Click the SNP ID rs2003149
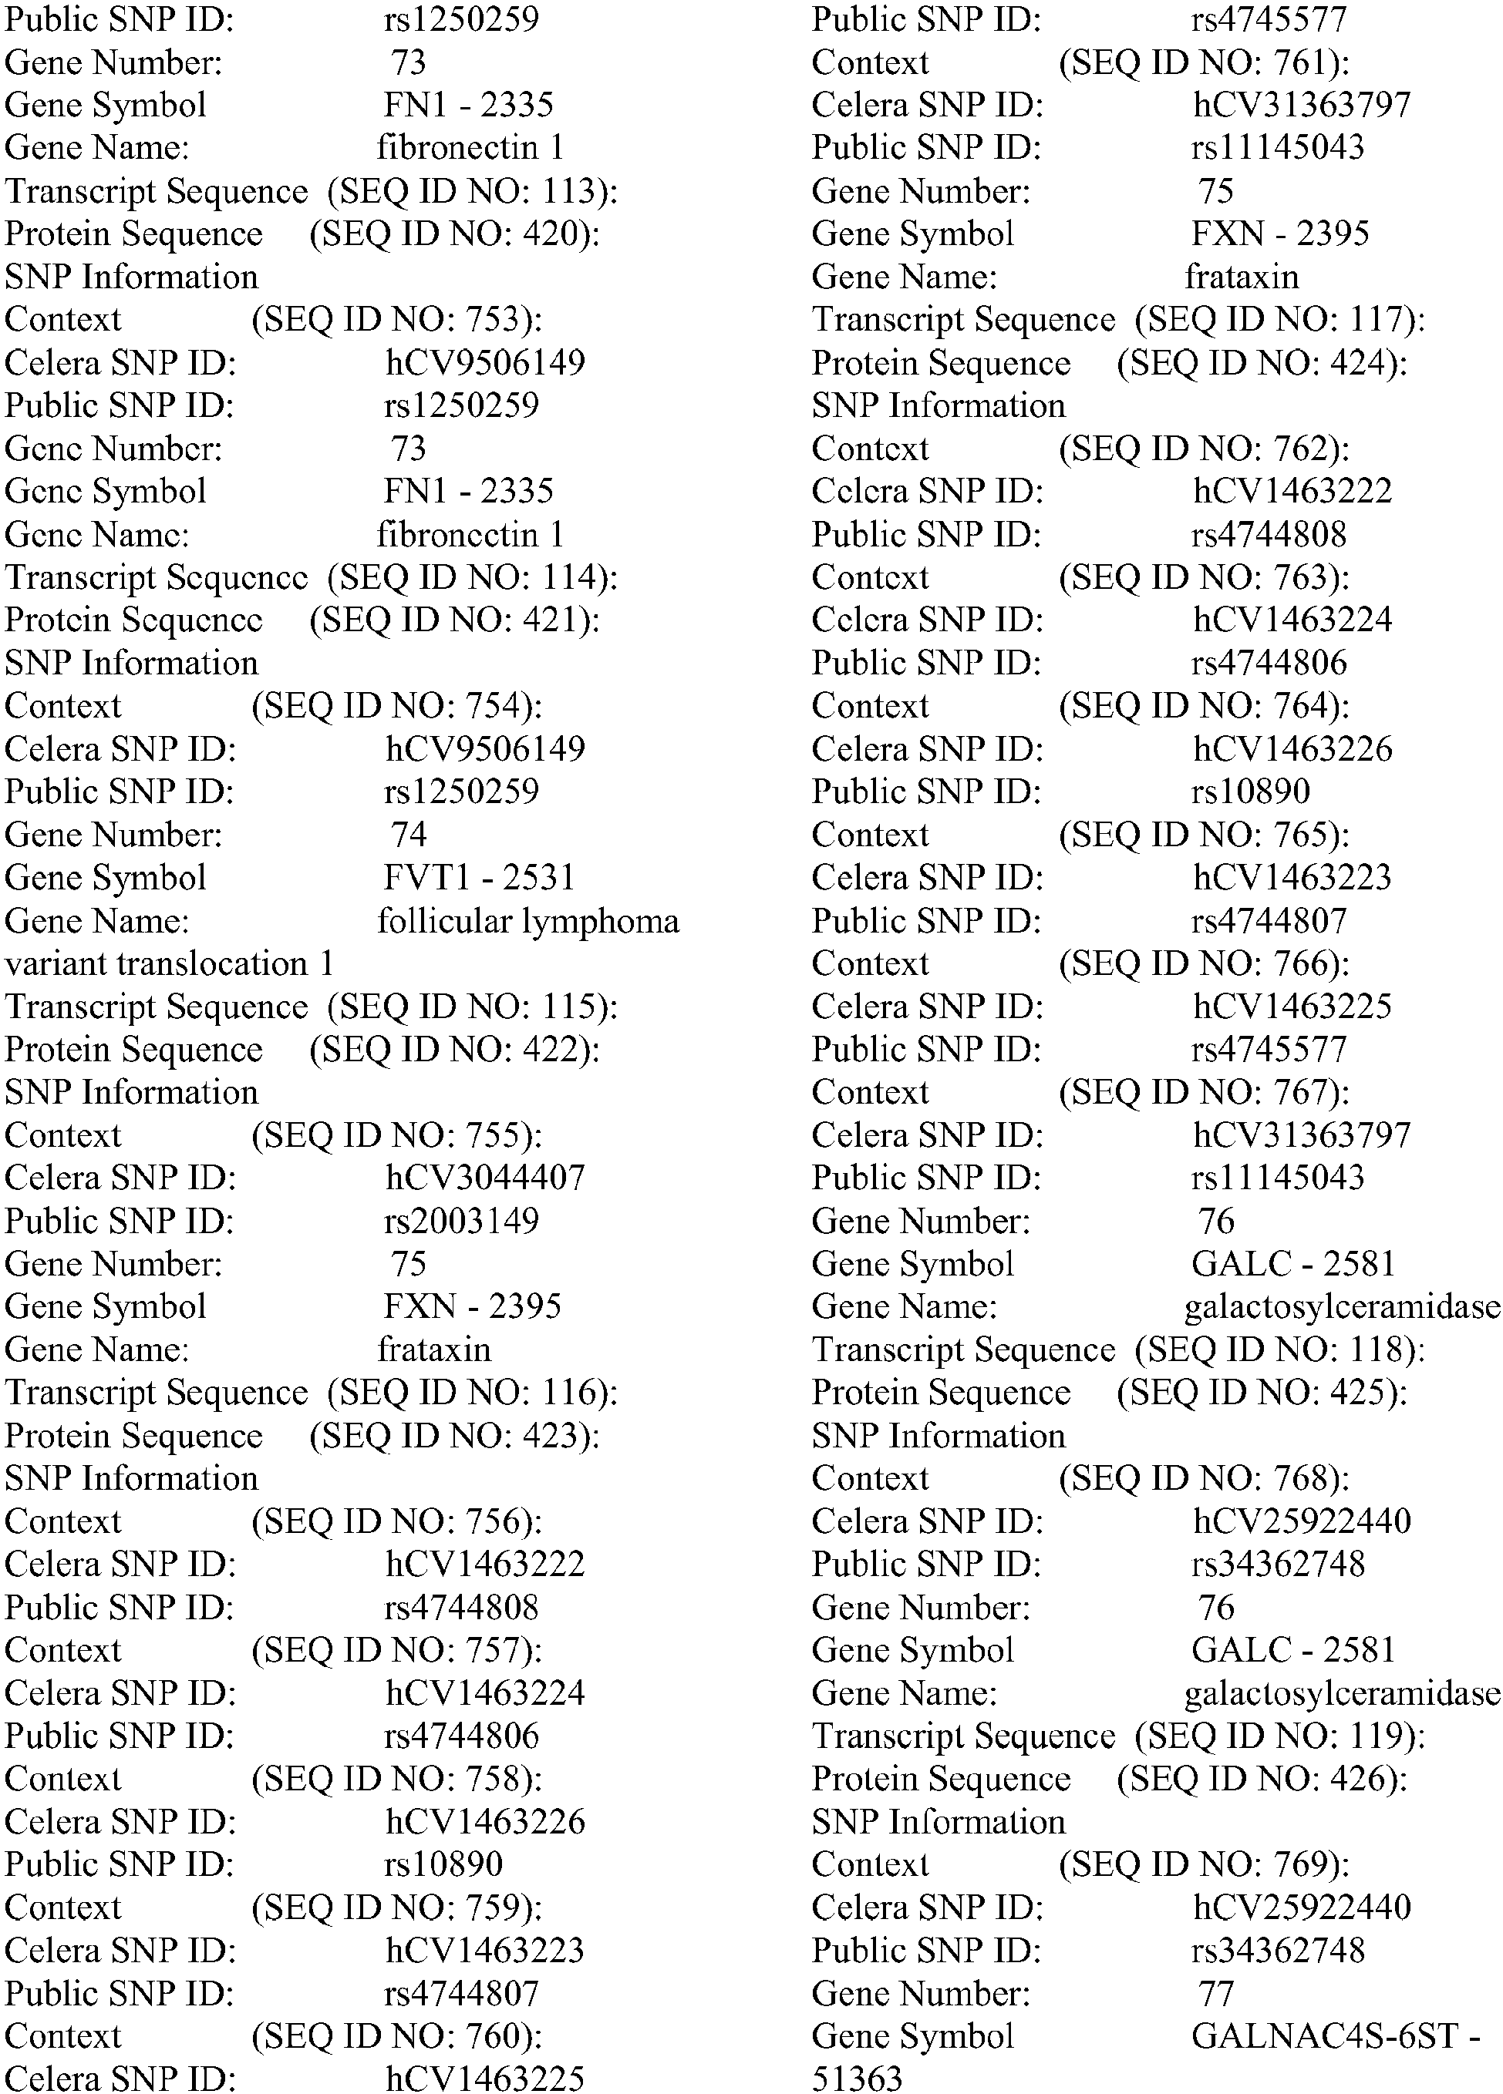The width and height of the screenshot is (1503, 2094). pyautogui.click(x=461, y=1221)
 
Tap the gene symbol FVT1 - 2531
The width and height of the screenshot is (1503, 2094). pyautogui.click(x=479, y=877)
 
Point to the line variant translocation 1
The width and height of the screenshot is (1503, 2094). pyautogui.click(x=169, y=964)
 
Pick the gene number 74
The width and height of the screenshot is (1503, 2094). pyautogui.click(x=408, y=835)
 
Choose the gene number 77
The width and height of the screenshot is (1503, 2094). pyautogui.click(x=1215, y=1992)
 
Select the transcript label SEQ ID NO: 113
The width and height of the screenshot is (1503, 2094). pyautogui.click(x=472, y=191)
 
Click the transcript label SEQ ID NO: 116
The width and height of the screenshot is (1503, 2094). pyautogui.click(x=472, y=1393)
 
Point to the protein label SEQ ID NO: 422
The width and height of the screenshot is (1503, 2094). pyautogui.click(x=454, y=1050)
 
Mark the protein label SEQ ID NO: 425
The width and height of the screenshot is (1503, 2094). pyautogui.click(x=1262, y=1393)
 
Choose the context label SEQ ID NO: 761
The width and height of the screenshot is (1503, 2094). pyautogui.click(x=1204, y=62)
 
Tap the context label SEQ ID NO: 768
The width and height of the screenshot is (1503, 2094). pyautogui.click(x=1204, y=1478)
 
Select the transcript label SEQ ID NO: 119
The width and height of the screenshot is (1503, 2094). pyautogui.click(x=1279, y=1736)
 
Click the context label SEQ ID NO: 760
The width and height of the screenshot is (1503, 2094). pyautogui.click(x=396, y=2036)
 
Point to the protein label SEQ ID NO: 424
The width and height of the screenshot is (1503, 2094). pyautogui.click(x=1262, y=363)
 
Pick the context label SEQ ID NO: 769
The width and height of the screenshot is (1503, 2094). pyautogui.click(x=1204, y=1864)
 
